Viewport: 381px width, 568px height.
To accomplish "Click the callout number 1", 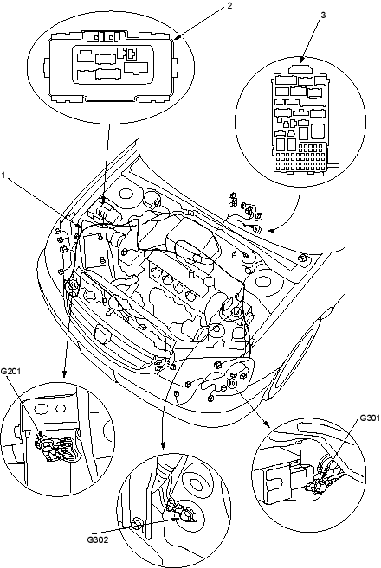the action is tap(3, 176).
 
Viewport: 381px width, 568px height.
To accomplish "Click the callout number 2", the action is tap(229, 6).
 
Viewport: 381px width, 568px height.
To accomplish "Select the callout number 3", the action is tap(323, 15).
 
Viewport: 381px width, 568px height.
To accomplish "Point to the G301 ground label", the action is tap(370, 418).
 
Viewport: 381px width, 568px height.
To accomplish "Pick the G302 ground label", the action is tap(98, 539).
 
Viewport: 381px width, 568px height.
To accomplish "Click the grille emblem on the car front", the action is tap(102, 334).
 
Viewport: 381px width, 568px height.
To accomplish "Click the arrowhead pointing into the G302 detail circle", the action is tap(163, 445).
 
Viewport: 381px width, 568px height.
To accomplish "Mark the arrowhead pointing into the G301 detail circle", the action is tap(266, 424).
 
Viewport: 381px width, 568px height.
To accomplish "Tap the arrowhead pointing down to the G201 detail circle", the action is tap(64, 373).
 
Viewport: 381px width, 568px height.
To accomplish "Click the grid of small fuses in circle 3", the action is tap(300, 162).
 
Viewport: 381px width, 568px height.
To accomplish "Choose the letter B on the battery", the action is tap(103, 259).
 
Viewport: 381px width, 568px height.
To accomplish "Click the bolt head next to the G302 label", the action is tap(137, 524).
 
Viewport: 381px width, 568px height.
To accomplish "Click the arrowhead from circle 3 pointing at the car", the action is tap(270, 230).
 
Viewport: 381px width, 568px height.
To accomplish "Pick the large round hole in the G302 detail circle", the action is tap(196, 484).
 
